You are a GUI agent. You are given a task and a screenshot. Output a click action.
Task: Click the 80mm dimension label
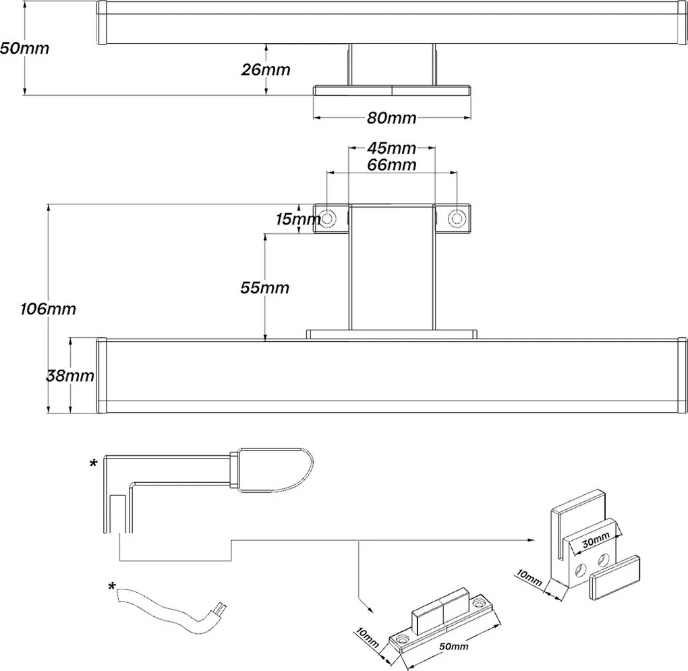point(391,117)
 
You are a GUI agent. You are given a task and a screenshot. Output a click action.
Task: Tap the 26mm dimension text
point(266,69)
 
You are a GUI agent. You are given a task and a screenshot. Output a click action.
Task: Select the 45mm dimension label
point(391,148)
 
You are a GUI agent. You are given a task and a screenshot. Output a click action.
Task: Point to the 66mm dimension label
point(391,165)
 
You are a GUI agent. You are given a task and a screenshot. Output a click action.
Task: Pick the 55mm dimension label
point(265,288)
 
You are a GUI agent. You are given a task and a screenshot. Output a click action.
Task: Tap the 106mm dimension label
point(49,309)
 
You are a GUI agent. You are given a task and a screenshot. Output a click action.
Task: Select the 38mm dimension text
point(70,376)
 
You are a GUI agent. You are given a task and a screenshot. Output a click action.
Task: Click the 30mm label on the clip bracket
point(596,540)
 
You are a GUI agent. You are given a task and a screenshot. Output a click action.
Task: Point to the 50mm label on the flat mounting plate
point(454,646)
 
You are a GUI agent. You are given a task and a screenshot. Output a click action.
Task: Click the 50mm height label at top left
point(24,49)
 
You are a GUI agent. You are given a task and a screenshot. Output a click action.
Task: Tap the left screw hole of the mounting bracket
point(327,218)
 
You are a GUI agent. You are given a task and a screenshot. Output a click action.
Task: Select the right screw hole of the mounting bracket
point(457,218)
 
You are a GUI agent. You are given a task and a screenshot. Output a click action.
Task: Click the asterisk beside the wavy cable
point(112,586)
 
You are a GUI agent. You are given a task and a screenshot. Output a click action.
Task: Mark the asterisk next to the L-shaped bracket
point(94,463)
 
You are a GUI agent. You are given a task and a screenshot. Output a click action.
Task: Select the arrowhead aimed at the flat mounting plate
point(371,610)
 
